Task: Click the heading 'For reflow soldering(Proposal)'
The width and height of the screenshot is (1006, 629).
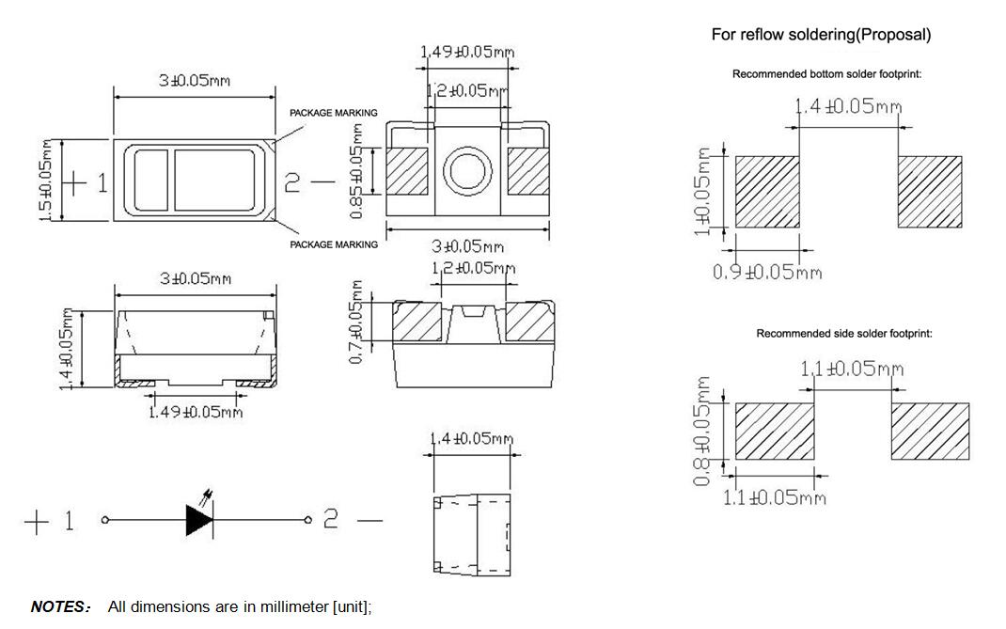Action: pyautogui.click(x=821, y=35)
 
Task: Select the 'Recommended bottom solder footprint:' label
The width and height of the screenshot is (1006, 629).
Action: pyautogui.click(x=826, y=74)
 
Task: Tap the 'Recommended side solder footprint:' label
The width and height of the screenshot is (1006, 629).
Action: pyautogui.click(x=844, y=334)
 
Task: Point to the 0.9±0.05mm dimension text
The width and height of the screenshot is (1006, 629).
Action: pyautogui.click(x=767, y=273)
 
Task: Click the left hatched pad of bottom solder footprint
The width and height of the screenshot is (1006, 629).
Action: pyautogui.click(x=766, y=192)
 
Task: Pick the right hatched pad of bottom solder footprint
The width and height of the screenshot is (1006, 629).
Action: pyautogui.click(x=930, y=192)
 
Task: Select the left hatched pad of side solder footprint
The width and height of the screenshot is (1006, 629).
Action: pyautogui.click(x=774, y=432)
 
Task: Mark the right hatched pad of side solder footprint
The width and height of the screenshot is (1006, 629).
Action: pyautogui.click(x=930, y=432)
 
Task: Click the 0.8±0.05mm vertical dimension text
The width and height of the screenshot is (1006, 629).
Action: pyautogui.click(x=701, y=432)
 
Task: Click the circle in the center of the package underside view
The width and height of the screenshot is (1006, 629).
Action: pyautogui.click(x=467, y=171)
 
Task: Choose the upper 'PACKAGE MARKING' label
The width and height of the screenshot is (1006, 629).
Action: pyautogui.click(x=333, y=113)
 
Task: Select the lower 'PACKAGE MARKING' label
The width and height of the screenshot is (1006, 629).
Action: pyautogui.click(x=333, y=244)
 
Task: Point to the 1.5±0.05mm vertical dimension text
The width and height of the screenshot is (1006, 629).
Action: pyautogui.click(x=45, y=181)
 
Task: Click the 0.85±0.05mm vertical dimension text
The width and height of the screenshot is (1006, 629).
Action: pyautogui.click(x=357, y=170)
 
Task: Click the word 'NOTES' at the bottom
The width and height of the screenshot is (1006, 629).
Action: pyautogui.click(x=58, y=607)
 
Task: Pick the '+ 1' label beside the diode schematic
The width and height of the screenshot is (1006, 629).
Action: pyautogui.click(x=49, y=521)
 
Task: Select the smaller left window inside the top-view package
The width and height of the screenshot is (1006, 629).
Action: pyautogui.click(x=150, y=181)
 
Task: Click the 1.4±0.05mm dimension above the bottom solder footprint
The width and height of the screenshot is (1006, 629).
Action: pyautogui.click(x=849, y=105)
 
